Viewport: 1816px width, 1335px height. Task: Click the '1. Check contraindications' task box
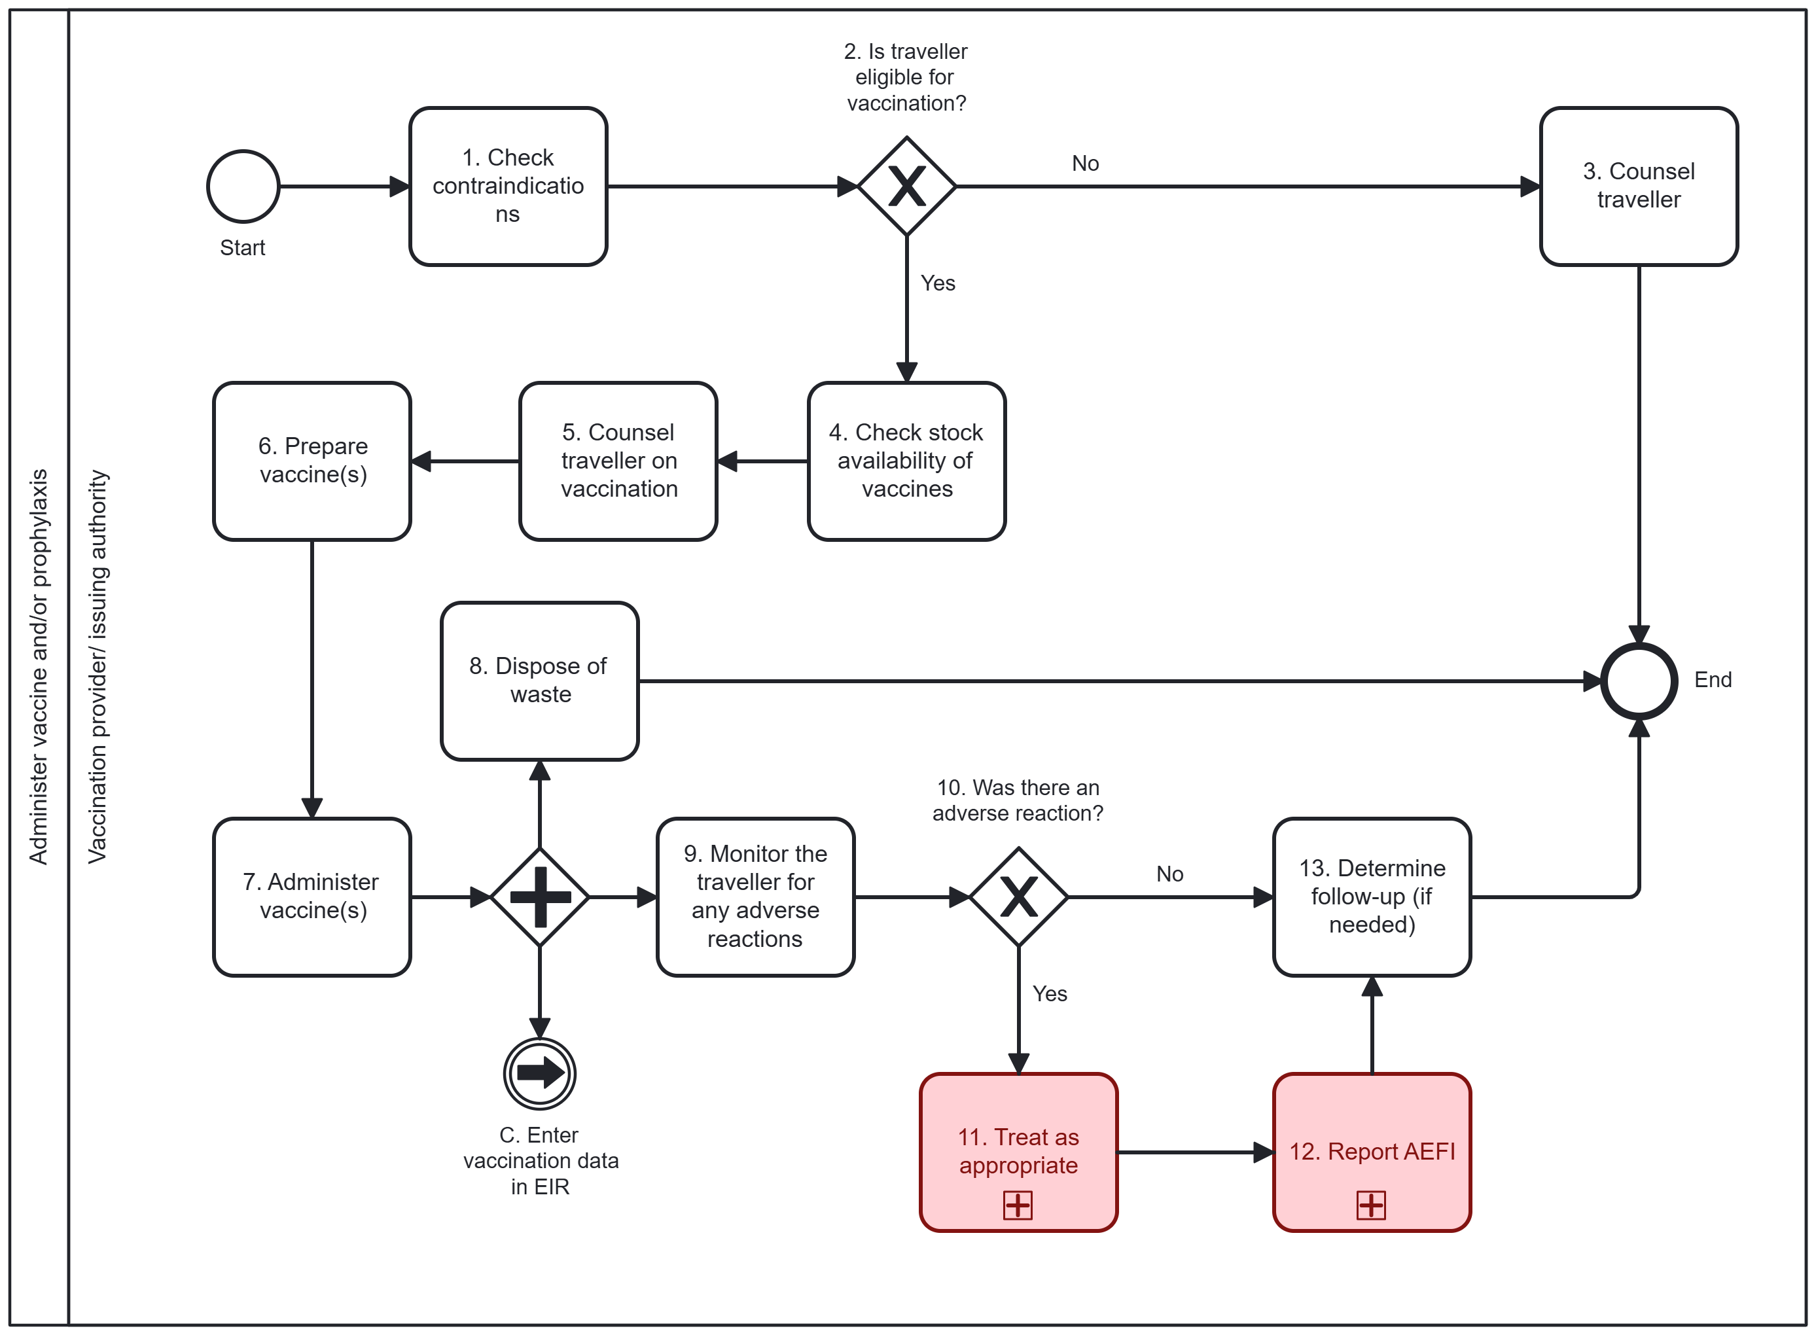coord(508,186)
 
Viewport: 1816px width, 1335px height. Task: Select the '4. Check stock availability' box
coord(906,461)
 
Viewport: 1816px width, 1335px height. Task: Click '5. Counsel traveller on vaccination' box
coord(618,461)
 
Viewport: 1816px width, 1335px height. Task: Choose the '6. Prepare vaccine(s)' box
coord(312,461)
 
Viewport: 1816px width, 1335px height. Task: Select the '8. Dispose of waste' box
coord(539,681)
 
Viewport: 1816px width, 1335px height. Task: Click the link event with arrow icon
coord(539,1073)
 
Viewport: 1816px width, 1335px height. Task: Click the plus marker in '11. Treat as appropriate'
coord(1017,1205)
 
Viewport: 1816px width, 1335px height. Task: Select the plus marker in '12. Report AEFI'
coord(1371,1205)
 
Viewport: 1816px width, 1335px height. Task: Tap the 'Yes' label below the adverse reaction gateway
coord(1049,993)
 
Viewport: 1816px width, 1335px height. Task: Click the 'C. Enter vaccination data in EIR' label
coord(540,1160)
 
